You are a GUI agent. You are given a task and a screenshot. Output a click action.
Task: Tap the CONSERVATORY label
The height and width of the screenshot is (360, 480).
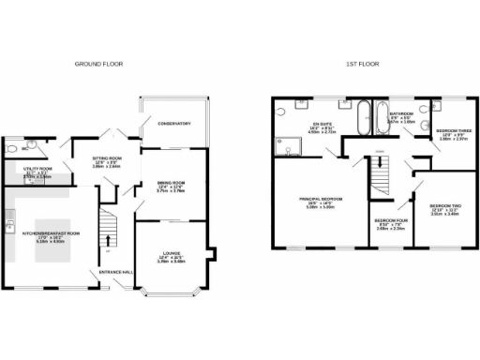pyautogui.click(x=174, y=123)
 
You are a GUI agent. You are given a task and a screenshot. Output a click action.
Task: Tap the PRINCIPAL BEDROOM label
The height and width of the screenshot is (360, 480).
pyautogui.click(x=322, y=199)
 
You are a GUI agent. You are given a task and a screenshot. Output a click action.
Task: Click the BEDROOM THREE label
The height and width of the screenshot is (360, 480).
pyautogui.click(x=453, y=130)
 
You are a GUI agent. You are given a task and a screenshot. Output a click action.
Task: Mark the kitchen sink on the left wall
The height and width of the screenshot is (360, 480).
pyautogui.click(x=8, y=228)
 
